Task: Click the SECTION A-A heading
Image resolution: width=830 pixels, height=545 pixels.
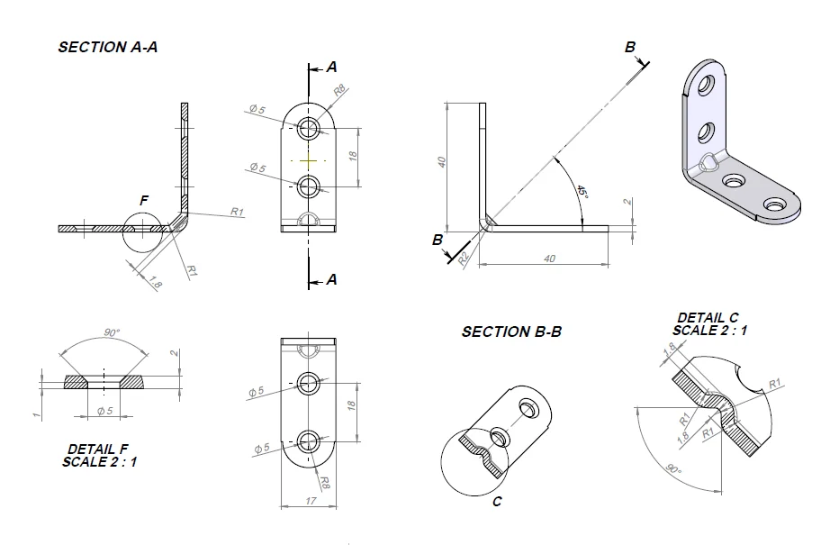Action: (x=108, y=47)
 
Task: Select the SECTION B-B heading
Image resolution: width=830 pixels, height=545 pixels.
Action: (x=511, y=332)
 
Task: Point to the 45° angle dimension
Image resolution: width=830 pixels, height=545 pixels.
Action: (x=582, y=193)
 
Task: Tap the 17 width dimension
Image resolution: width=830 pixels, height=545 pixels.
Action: (x=310, y=501)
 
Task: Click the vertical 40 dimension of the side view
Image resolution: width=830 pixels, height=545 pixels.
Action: (x=441, y=162)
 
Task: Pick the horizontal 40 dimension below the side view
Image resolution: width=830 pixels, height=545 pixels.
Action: (x=550, y=259)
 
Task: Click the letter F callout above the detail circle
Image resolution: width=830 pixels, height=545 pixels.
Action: (x=143, y=199)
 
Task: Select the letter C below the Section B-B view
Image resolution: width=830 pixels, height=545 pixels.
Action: (x=497, y=502)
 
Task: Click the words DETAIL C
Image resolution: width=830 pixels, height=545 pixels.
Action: (x=708, y=318)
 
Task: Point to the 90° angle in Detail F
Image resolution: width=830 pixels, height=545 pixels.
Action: (x=112, y=332)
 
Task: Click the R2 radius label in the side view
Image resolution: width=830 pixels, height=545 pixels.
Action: (x=464, y=257)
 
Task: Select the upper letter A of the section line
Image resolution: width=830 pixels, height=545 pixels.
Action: (x=332, y=67)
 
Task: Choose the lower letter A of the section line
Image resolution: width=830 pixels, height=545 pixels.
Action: (x=332, y=280)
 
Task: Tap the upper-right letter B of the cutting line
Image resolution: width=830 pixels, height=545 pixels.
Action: (x=630, y=48)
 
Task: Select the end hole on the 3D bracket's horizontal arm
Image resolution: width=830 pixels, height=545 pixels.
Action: (x=773, y=206)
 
